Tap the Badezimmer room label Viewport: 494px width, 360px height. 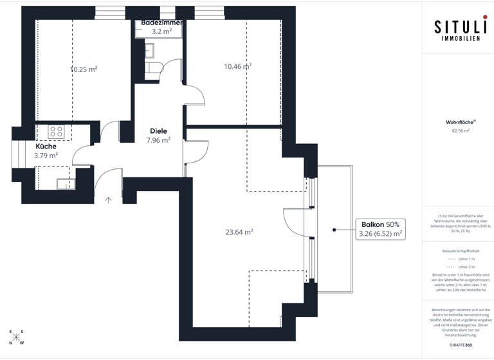[161, 22]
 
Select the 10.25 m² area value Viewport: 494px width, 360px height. [84, 69]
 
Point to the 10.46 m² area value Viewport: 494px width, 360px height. [237, 66]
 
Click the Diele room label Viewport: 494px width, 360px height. [158, 131]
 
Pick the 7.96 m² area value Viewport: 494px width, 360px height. [158, 140]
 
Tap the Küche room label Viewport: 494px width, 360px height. [46, 147]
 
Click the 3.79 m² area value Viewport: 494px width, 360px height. [46, 156]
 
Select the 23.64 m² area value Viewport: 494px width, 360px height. [239, 232]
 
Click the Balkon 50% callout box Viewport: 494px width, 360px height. [380, 230]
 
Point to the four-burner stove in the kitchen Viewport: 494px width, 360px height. [56, 132]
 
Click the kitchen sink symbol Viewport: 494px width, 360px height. [65, 184]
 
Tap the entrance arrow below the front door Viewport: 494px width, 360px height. [108, 200]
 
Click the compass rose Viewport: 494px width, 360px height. [17, 337]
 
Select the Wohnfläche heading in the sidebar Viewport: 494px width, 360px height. [460, 122]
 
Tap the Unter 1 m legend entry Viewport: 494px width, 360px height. [461, 258]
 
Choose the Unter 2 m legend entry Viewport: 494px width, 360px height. [461, 266]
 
